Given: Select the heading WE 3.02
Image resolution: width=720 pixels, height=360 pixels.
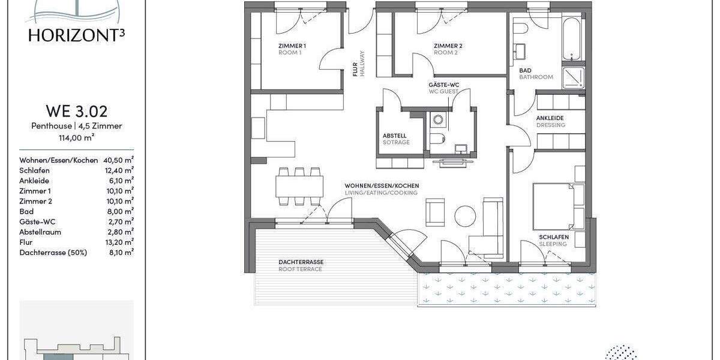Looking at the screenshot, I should pos(77,112).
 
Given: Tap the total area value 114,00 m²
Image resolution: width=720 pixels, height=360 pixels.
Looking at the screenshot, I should pos(77,137).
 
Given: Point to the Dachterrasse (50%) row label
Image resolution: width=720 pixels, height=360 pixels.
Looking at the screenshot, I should pos(53,253).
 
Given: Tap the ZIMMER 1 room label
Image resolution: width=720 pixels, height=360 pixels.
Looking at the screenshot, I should pos(292,46).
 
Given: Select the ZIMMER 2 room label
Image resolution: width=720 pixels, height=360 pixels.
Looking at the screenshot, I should pos(448,46).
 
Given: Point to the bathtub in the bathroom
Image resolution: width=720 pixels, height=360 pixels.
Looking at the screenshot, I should pos(572,39).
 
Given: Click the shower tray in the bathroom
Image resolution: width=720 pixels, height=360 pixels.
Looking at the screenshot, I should pos(572,77).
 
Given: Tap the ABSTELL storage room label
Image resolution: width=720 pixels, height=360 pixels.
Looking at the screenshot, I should pos(394,136).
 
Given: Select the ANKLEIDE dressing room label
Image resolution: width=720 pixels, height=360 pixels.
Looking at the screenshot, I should pos(550,118).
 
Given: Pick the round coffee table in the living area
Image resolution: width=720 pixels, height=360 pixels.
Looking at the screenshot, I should pos(465,215).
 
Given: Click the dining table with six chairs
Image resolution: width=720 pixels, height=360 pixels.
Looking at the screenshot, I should pos(299,186).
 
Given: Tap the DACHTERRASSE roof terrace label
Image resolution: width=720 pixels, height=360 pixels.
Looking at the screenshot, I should pos(301,262).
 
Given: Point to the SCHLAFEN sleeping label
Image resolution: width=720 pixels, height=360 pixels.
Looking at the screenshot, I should pos(553,238).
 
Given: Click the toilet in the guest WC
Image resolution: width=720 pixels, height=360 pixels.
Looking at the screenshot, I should pos(437,140).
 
